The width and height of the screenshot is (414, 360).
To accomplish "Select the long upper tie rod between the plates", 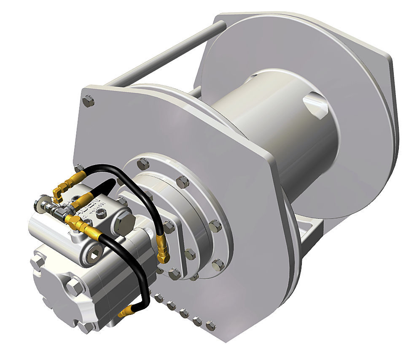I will click(164, 53).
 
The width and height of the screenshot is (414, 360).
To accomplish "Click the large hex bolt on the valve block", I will click(124, 222).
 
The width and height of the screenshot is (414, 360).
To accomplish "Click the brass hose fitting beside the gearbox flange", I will click(163, 251).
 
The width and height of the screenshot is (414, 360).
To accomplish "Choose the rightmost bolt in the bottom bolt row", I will click(210, 326).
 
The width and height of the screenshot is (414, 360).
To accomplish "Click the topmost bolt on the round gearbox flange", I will click(143, 162).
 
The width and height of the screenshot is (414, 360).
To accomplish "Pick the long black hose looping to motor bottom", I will click(135, 270).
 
